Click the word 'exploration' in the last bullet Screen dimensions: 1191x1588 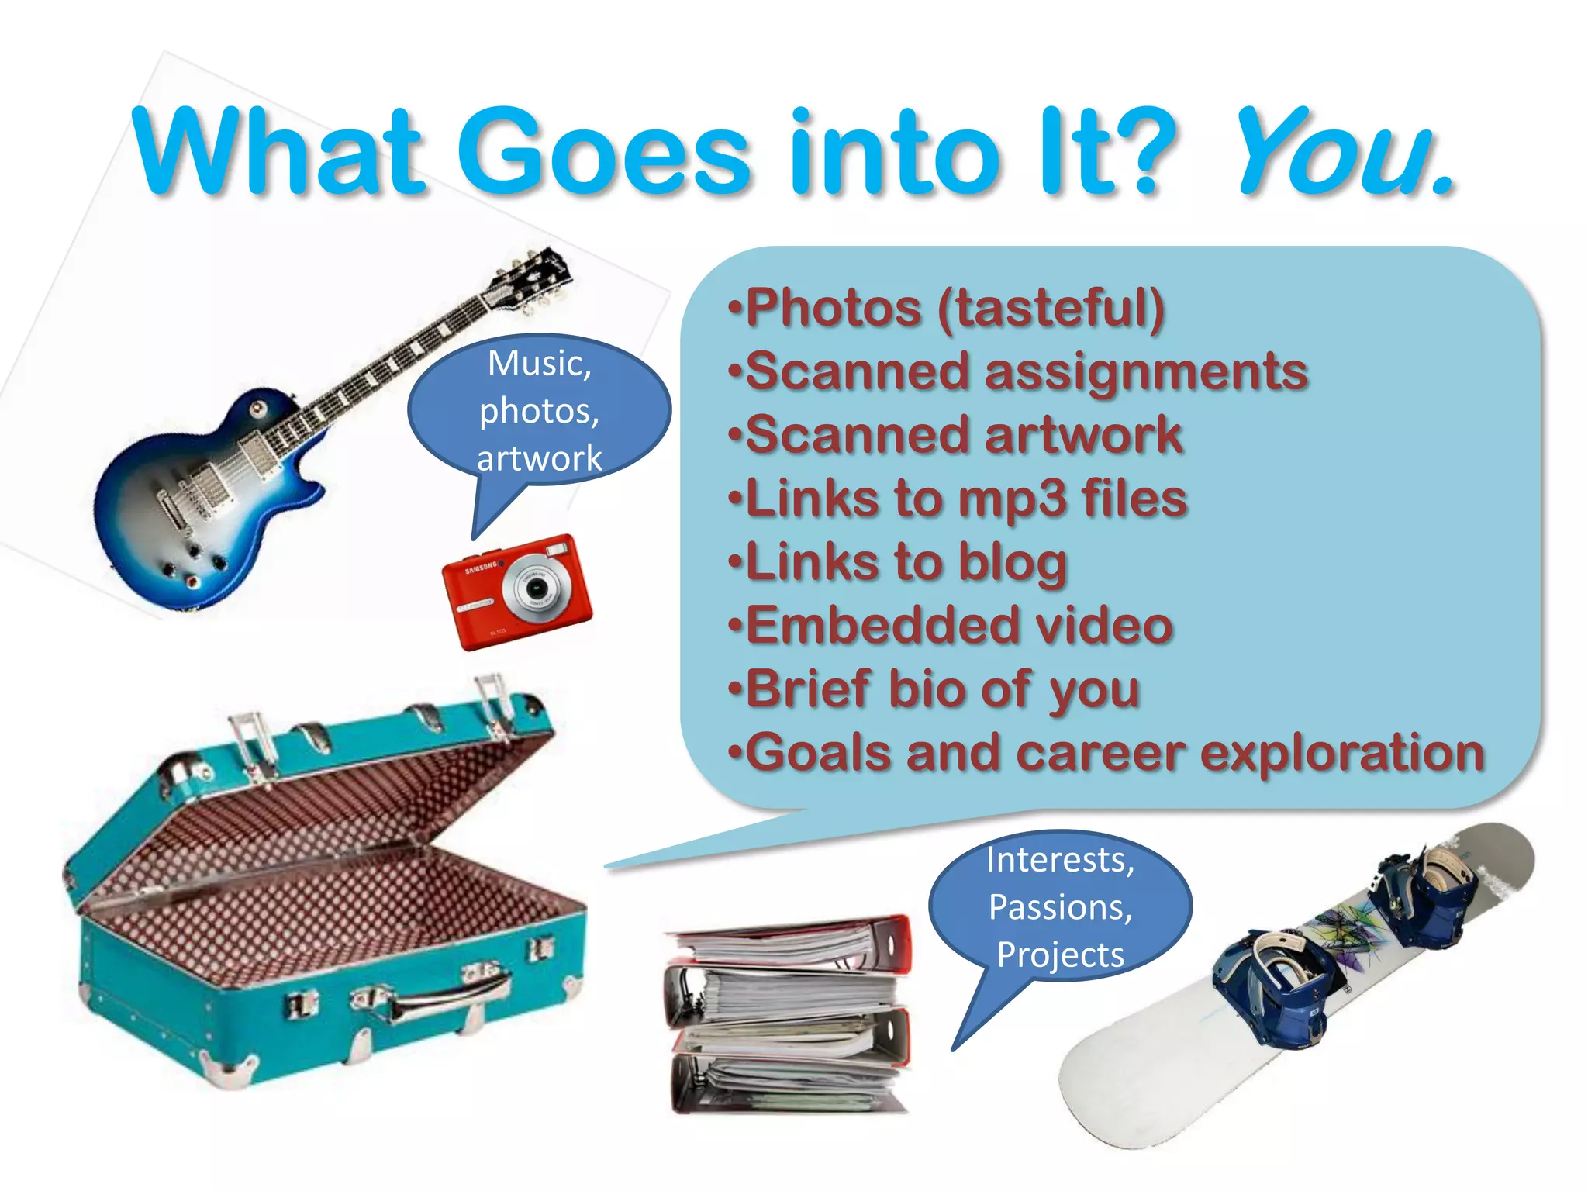(x=1341, y=753)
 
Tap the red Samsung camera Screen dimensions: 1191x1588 (x=516, y=592)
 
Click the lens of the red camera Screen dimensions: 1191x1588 (x=536, y=589)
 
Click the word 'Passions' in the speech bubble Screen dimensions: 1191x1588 (x=1060, y=907)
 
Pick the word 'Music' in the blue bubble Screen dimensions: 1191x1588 (x=540, y=364)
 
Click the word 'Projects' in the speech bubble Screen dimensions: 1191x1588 (x=1060, y=955)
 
